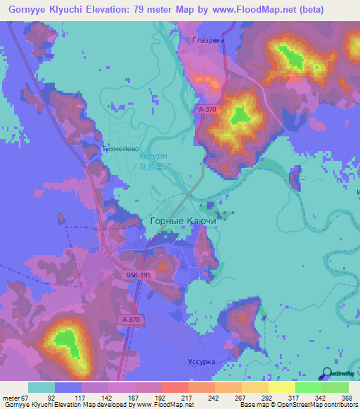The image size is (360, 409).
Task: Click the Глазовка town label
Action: click(x=209, y=40)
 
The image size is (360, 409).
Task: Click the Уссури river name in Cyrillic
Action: click(x=153, y=156)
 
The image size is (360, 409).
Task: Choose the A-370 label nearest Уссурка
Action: click(x=131, y=320)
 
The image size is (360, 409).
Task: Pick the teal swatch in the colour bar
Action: click(x=41, y=387)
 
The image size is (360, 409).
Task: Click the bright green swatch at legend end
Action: click(x=335, y=387)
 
